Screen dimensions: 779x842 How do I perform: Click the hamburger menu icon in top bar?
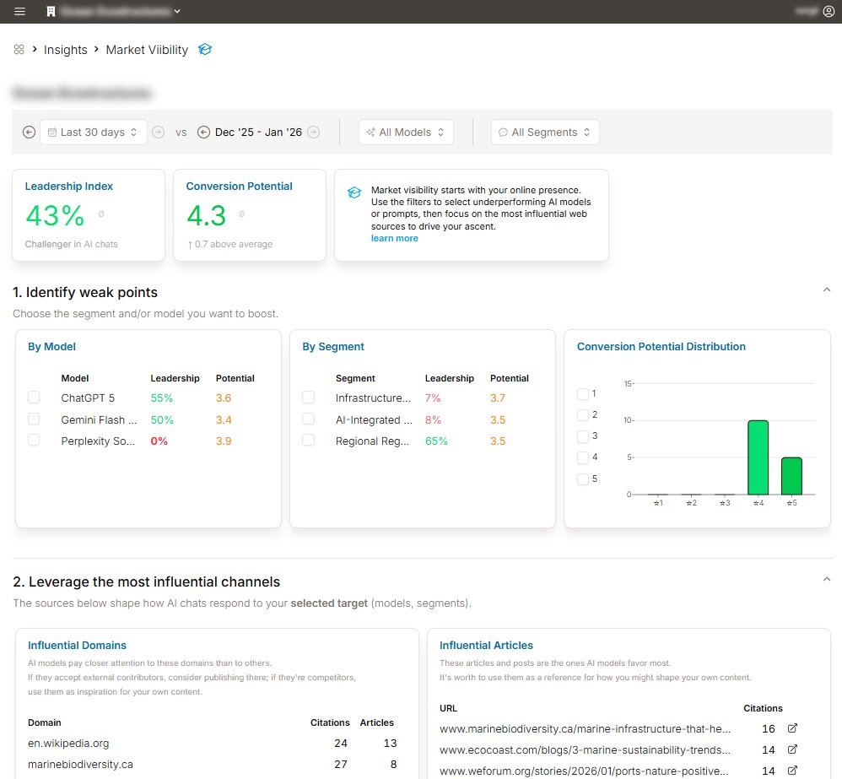coord(20,12)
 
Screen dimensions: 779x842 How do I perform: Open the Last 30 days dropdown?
coord(93,133)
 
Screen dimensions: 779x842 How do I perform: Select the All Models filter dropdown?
coord(406,133)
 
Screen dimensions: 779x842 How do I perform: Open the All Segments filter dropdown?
coord(545,133)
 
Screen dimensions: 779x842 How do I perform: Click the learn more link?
coord(394,238)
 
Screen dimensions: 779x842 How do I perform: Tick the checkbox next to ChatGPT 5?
coord(34,398)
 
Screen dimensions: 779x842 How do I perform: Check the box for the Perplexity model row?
coord(34,440)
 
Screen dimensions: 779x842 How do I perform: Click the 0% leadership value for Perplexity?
coord(159,441)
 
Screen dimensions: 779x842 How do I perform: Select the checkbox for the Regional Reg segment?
coord(308,440)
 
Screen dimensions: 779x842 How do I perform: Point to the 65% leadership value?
coord(436,441)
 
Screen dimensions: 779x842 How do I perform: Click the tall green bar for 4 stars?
coord(758,457)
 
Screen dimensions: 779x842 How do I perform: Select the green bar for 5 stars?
coord(791,475)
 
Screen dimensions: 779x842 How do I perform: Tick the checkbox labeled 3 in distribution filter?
coord(581,436)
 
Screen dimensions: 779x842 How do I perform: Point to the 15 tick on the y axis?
coord(628,384)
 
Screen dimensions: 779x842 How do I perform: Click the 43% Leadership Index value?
coord(55,216)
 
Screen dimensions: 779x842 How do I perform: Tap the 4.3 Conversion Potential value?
coord(207,216)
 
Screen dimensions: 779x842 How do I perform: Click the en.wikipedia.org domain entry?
coord(68,744)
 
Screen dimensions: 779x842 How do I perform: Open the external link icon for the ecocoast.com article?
coord(792,749)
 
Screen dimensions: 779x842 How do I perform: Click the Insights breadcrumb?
coord(66,50)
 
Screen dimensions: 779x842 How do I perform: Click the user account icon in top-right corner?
coord(828,12)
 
